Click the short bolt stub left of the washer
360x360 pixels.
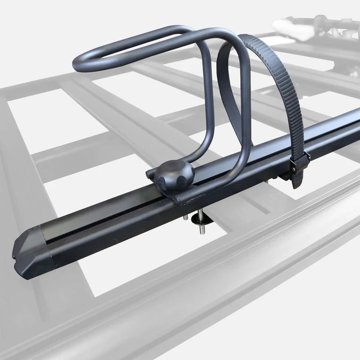click(x=185, y=217)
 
